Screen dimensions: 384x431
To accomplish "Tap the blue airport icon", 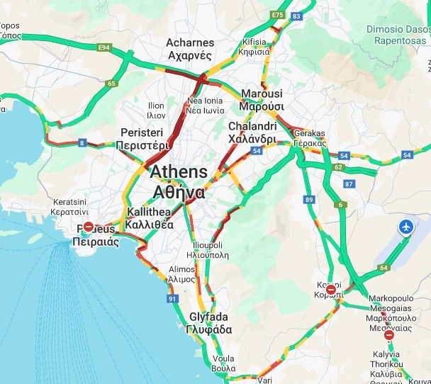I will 406,227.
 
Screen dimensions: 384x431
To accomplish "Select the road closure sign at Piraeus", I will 89,227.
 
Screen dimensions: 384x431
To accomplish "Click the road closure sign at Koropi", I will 330,290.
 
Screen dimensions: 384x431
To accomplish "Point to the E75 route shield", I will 277,14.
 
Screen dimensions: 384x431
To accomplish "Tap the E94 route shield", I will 105,47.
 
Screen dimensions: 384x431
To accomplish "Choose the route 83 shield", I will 296,16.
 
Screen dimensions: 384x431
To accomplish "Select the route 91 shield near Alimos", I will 172,299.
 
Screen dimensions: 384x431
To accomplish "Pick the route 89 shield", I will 309,201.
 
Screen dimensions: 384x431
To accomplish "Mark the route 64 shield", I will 384,268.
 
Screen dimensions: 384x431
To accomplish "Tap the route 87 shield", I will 349,184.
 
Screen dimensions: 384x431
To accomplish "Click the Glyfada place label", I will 208,323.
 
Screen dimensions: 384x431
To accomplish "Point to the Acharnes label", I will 189,49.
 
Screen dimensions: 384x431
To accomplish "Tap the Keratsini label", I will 70,206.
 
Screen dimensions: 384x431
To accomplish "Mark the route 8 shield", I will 82,143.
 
